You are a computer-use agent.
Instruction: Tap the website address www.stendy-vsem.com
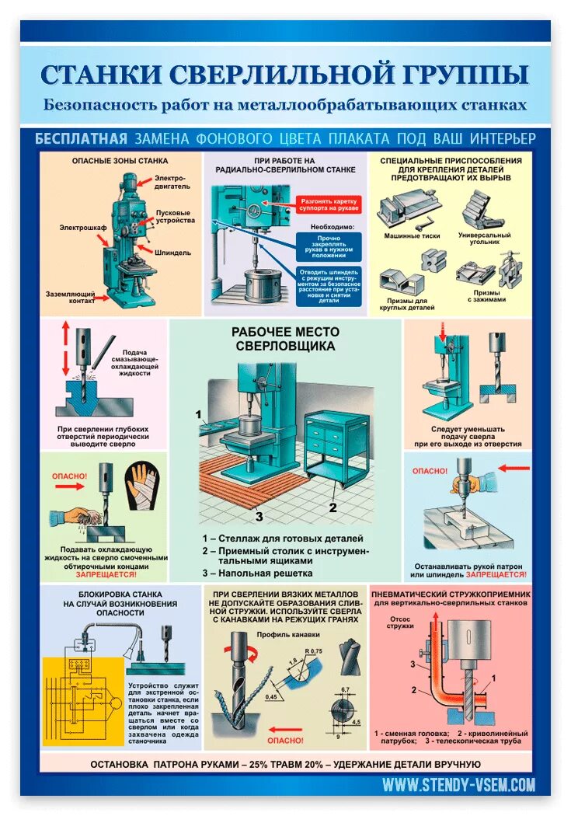pos(458,785)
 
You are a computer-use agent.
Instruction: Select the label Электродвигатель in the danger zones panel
pos(171,183)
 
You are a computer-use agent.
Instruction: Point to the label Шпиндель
pos(172,253)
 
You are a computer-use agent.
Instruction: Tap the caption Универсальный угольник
pos(485,238)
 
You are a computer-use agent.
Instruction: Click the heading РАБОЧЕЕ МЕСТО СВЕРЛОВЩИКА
pos(285,338)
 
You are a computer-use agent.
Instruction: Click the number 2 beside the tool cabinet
pos(332,507)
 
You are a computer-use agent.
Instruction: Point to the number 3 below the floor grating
pos(259,514)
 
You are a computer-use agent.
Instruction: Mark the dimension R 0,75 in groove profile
pos(313,650)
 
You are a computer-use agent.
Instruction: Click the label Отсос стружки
pos(400,623)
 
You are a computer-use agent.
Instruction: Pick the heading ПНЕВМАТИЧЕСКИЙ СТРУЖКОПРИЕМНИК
pos(451,592)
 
